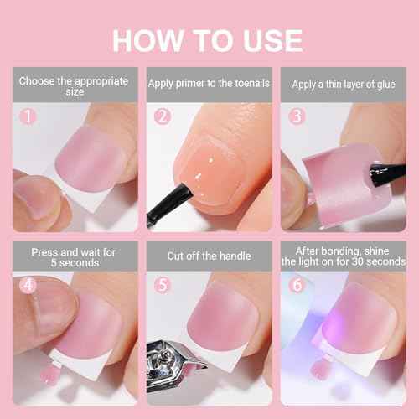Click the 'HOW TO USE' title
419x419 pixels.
(209, 39)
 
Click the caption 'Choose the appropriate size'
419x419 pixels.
(75, 86)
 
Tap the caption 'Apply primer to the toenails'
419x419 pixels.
(208, 85)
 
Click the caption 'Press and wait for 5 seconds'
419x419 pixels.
(75, 256)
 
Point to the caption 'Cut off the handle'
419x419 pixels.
(208, 256)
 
